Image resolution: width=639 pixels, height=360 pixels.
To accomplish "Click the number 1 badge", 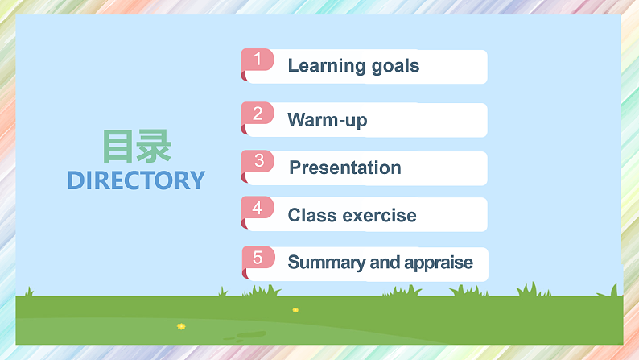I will pyautogui.click(x=258, y=60).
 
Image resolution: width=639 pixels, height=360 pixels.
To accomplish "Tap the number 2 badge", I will pyautogui.click(x=258, y=114).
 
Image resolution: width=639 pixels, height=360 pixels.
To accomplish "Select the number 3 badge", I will pyautogui.click(x=258, y=161).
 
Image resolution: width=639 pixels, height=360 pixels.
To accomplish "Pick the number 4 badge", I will pyautogui.click(x=258, y=208).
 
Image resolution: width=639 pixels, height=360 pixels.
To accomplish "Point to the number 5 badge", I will pyautogui.click(x=258, y=258).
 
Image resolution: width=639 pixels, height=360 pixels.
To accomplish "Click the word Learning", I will pyautogui.click(x=324, y=66).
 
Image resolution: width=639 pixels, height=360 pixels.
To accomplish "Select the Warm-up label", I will pyautogui.click(x=328, y=121).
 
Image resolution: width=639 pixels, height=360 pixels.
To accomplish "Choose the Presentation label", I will pyautogui.click(x=345, y=168).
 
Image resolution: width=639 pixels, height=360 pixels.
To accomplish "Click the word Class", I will pyautogui.click(x=312, y=215).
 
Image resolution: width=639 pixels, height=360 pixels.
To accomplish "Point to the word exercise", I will pyautogui.click(x=380, y=215).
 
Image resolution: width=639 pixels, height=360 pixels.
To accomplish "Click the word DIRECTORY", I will pyautogui.click(x=136, y=180).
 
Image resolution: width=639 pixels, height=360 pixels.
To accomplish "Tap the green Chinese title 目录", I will pyautogui.click(x=136, y=147).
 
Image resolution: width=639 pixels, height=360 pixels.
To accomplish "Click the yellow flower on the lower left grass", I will pyautogui.click(x=181, y=326).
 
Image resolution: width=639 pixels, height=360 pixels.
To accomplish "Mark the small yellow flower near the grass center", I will pyautogui.click(x=295, y=310).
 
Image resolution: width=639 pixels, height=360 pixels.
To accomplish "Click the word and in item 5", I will pyautogui.click(x=382, y=263).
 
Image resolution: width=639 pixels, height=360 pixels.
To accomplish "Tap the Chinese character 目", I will pyautogui.click(x=118, y=147).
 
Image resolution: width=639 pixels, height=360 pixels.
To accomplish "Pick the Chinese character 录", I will pyautogui.click(x=154, y=147).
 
